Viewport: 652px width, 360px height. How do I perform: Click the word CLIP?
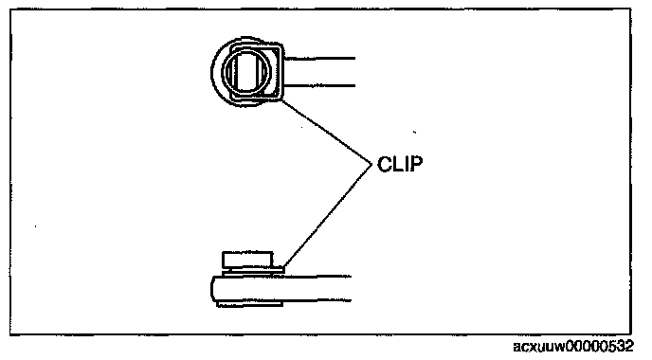click(400, 164)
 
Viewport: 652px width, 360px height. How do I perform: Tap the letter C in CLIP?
click(384, 164)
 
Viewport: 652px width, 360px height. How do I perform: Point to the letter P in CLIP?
click(416, 164)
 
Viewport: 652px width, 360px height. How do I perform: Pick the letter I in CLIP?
click(406, 164)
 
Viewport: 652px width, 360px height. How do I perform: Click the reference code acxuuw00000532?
click(573, 347)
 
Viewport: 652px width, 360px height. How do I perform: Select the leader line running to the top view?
click(326, 132)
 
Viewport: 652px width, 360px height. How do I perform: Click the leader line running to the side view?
click(327, 216)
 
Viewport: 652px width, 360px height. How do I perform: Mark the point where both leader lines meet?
click(371, 164)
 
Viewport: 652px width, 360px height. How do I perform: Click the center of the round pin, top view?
click(245, 71)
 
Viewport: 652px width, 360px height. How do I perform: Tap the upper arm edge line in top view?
click(319, 59)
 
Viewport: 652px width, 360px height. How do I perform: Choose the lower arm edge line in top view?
click(319, 86)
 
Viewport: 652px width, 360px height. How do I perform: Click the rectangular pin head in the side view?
click(247, 260)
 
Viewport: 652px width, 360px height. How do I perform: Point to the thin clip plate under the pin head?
click(253, 271)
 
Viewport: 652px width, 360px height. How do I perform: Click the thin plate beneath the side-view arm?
click(249, 304)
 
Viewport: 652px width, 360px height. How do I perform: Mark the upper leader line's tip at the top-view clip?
click(281, 100)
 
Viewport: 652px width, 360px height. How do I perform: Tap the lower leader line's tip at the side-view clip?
click(283, 268)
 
